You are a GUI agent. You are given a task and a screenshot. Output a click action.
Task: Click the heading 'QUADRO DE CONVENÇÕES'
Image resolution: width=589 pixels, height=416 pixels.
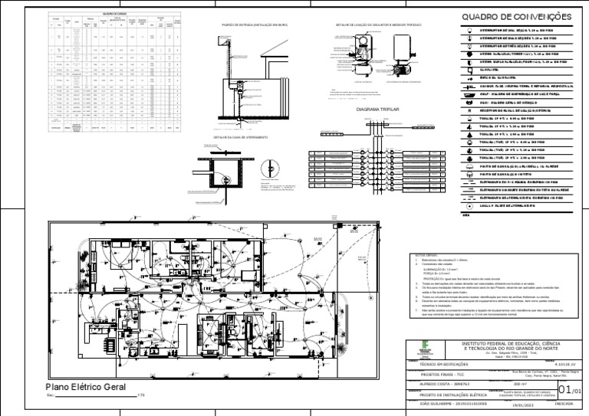516,17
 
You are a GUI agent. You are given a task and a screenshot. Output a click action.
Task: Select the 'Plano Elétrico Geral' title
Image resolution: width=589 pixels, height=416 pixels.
86,388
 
